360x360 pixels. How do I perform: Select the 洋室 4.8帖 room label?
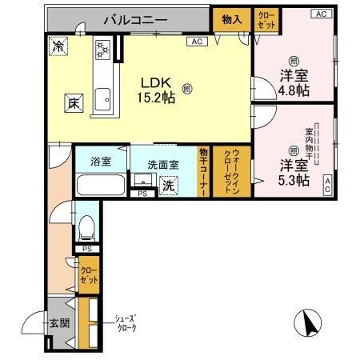pos(293,82)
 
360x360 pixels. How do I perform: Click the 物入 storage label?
pos(231,18)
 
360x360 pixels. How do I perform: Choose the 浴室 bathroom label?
pos(101,161)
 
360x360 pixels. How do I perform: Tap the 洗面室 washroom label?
pos(164,165)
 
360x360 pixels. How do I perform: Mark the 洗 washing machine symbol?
pos(169,184)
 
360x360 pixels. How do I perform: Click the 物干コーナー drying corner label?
pos(204,172)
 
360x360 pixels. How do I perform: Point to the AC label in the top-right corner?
pos(320,14)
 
